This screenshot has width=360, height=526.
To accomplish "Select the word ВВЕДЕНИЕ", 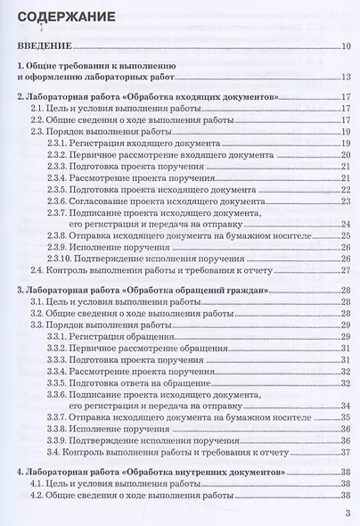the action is (x=44, y=47).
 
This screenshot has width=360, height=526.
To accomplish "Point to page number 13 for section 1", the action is (x=346, y=78).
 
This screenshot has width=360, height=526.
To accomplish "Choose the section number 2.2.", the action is (x=38, y=118).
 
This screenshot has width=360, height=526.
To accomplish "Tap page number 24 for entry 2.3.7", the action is (x=346, y=225).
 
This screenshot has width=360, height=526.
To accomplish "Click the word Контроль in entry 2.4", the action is (x=78, y=272).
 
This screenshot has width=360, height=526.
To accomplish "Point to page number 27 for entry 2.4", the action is (x=346, y=272).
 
